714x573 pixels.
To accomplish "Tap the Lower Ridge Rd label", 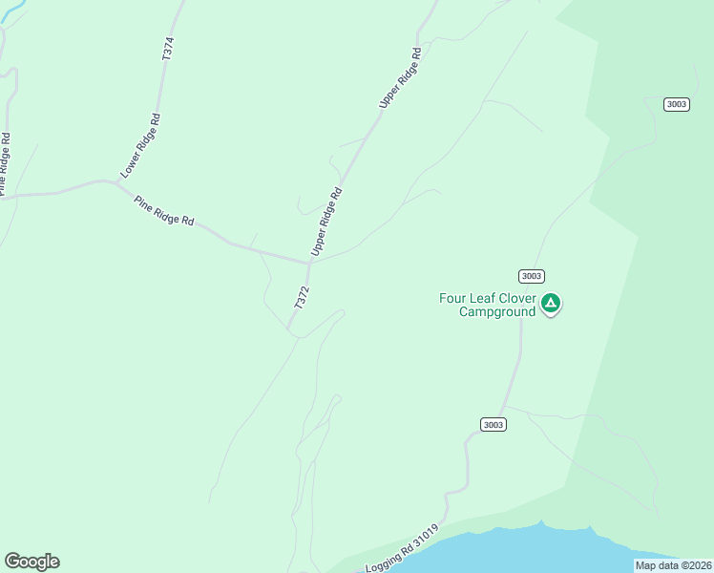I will tap(140, 146).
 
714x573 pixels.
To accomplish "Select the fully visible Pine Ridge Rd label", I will tap(164, 210).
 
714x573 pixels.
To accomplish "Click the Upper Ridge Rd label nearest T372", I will tap(325, 222).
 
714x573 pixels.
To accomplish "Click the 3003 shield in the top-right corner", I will tap(677, 104).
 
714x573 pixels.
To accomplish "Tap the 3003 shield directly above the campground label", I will tap(532, 276).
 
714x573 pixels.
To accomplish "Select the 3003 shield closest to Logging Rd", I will tap(493, 424).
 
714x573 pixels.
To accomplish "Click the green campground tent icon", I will tap(551, 304).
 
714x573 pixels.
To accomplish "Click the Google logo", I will tap(31, 562).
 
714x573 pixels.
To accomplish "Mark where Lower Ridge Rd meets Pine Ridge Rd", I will tap(115, 183).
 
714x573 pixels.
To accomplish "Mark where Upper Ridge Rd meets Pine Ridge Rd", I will tap(310, 260).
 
